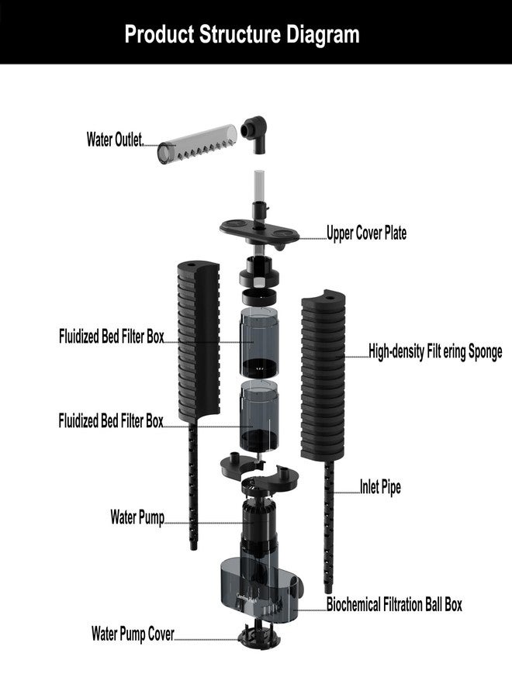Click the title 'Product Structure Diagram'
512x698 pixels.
coord(242,34)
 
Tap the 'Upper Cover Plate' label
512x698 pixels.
coord(366,233)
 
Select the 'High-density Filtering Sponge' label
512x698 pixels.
coord(435,351)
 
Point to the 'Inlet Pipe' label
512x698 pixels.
coord(380,486)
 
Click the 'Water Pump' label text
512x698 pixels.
coord(137,517)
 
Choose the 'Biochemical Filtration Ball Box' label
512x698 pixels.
coord(394,604)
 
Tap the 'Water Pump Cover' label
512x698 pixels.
coord(133,634)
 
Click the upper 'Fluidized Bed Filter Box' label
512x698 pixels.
coord(111,336)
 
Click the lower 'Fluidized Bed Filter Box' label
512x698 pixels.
coord(111,420)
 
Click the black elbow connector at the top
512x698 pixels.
coord(254,133)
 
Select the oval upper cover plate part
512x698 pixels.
coord(258,233)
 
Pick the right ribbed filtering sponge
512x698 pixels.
coord(323,375)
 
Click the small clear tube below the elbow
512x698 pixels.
coord(259,185)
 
